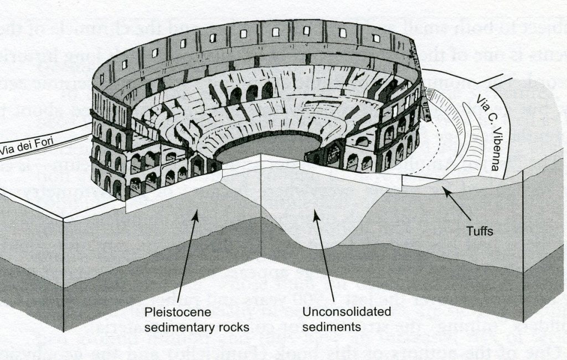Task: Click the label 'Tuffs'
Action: [479, 232]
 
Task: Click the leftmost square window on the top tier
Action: [125, 64]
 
